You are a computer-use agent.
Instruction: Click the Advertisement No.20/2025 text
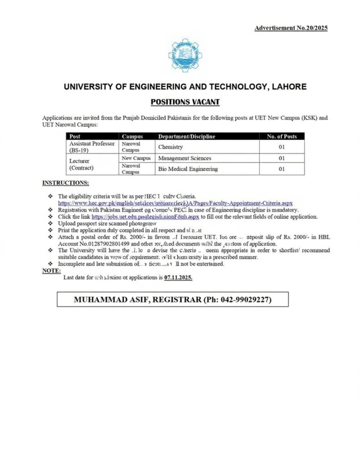(291, 28)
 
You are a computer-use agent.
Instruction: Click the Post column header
(76, 136)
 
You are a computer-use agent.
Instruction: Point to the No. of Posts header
(281, 136)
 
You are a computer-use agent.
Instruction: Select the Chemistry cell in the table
(170, 147)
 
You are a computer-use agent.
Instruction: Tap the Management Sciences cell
(184, 158)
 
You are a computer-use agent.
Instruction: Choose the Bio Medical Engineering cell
(188, 169)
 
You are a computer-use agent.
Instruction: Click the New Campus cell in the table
(136, 158)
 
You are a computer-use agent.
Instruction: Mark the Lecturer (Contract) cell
(82, 164)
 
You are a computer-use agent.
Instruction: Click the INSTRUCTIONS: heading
(66, 183)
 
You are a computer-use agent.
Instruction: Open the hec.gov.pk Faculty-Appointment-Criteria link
(175, 203)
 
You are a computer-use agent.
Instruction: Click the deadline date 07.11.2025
(178, 277)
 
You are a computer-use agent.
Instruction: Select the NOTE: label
(51, 270)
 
